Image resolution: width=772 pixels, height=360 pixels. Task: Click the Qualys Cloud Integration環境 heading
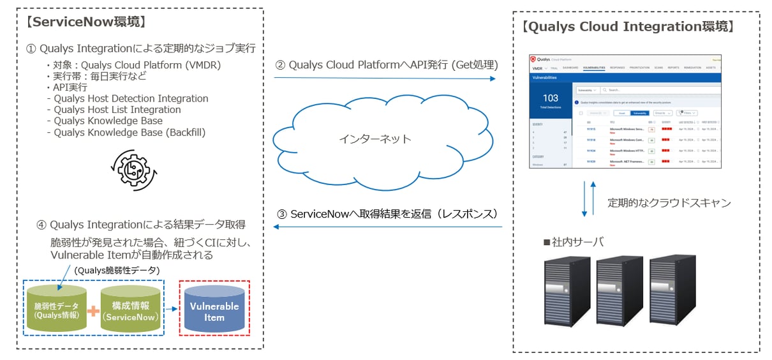[x=628, y=27]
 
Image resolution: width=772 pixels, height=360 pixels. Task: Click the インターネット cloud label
[x=375, y=139]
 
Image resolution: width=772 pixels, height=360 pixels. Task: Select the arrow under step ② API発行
[x=385, y=79]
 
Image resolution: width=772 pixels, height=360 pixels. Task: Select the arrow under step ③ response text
[x=387, y=227]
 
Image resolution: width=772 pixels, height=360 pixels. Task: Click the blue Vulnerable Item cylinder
[x=214, y=311]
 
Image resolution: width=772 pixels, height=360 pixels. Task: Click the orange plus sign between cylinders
[x=94, y=311]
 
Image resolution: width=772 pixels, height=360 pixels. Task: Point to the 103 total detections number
[x=550, y=98]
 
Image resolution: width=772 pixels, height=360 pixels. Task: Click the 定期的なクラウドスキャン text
[x=669, y=203]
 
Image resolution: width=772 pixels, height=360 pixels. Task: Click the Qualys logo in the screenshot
[x=535, y=59]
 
